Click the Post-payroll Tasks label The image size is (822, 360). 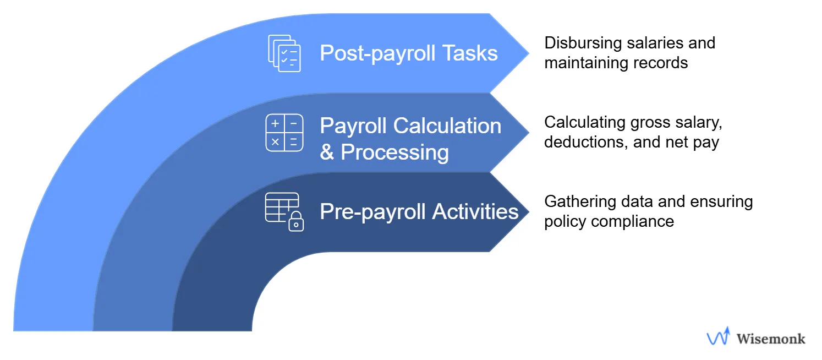coord(408,53)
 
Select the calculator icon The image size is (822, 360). coord(284,133)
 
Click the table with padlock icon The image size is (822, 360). coord(284,211)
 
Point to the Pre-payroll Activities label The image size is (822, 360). coord(419,211)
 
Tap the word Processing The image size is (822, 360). coord(394,152)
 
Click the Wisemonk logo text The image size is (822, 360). coord(770,339)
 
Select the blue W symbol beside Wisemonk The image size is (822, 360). coord(718,337)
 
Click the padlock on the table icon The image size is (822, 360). coord(296,222)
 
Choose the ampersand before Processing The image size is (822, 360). coord(327,152)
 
